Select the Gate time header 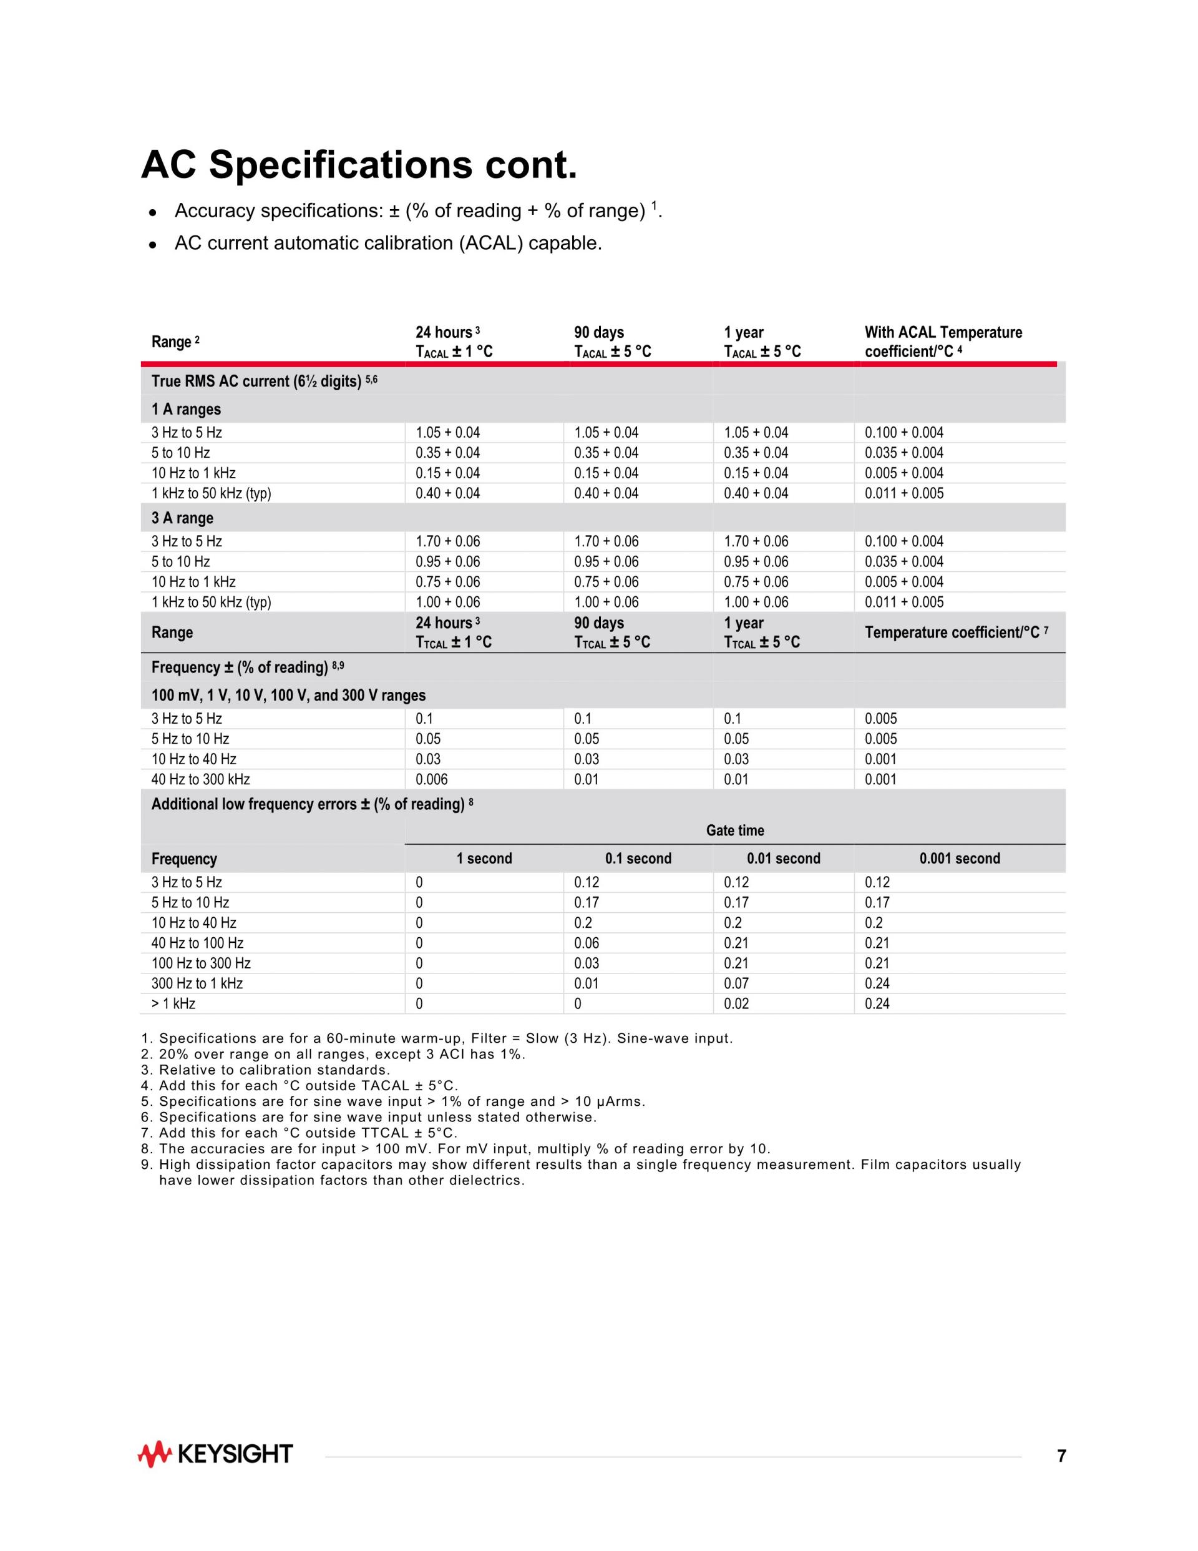(734, 830)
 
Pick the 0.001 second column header (960, 859)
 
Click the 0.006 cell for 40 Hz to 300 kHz (432, 779)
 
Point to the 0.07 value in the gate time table (736, 983)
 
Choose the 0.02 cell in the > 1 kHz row (736, 1003)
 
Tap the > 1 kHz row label (173, 1003)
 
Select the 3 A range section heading (182, 518)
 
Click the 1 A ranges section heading (186, 409)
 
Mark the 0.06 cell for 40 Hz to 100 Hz (587, 943)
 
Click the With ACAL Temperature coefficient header (943, 342)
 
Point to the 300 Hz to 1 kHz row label (197, 983)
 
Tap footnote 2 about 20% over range (334, 1055)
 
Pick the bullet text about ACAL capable (387, 243)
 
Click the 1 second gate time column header (484, 859)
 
